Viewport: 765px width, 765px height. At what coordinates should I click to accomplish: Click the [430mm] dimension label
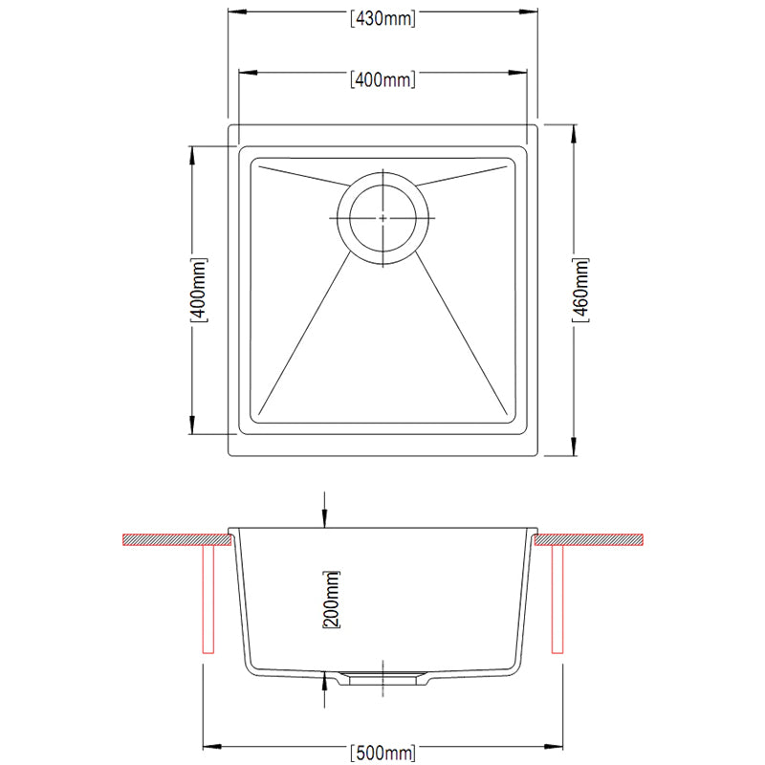tap(382, 18)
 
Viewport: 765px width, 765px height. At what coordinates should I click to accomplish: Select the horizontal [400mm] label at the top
tap(382, 79)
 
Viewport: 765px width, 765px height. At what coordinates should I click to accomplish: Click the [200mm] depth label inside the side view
tap(332, 599)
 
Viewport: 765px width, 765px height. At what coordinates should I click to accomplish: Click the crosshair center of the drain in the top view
tap(383, 218)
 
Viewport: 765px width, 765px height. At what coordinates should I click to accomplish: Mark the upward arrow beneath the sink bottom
tap(326, 680)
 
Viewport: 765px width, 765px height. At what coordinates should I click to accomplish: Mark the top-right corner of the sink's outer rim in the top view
tap(537, 123)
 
